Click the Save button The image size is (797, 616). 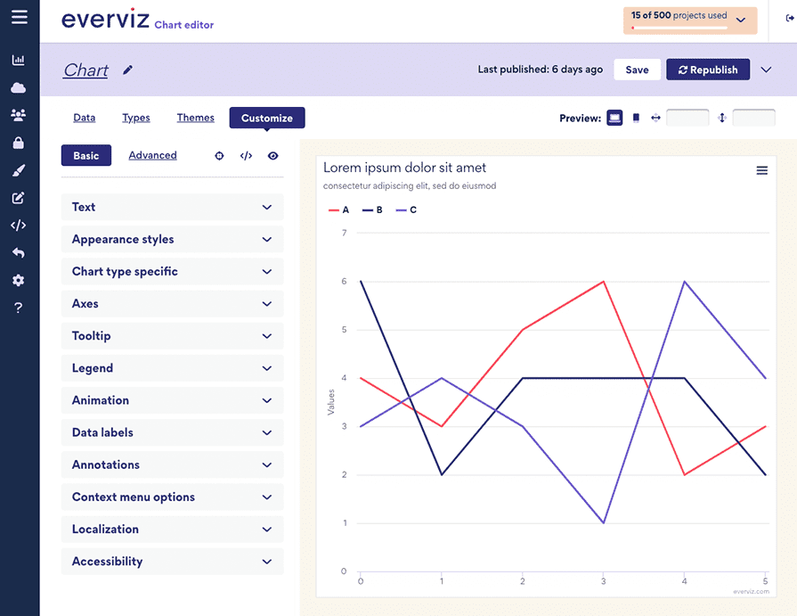click(x=637, y=70)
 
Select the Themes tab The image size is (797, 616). click(x=195, y=118)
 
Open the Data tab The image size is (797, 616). click(x=84, y=118)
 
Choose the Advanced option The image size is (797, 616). click(x=152, y=155)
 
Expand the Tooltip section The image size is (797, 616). click(x=172, y=336)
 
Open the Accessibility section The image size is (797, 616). click(x=172, y=562)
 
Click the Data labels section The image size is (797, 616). click(x=172, y=432)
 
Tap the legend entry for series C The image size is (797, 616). click(x=406, y=210)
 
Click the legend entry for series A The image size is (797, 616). click(x=339, y=210)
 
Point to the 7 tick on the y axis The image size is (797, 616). click(x=344, y=233)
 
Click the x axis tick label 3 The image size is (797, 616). click(x=604, y=581)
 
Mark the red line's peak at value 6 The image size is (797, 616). click(x=604, y=282)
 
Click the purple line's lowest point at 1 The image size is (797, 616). click(x=604, y=522)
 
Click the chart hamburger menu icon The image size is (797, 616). click(x=761, y=170)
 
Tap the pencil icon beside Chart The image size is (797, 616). click(x=128, y=70)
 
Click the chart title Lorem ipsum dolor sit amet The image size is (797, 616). click(x=404, y=168)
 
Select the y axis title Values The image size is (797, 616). click(x=331, y=401)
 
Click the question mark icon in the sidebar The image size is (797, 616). click(x=19, y=308)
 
